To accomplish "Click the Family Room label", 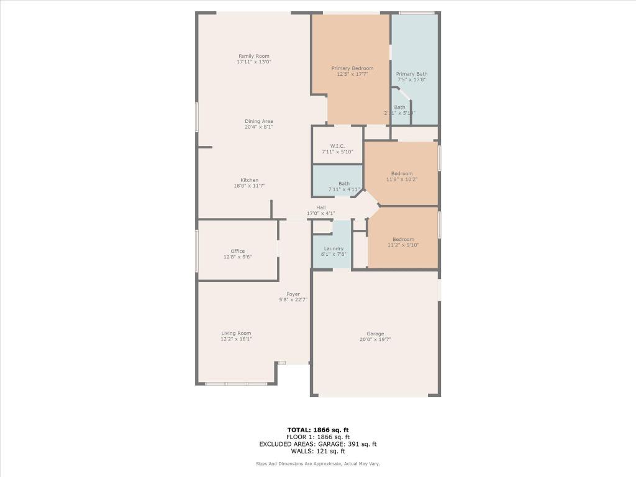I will (x=253, y=56).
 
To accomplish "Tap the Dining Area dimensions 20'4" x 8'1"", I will (x=258, y=127).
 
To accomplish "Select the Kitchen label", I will (x=250, y=180).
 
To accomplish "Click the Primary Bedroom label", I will (x=352, y=68).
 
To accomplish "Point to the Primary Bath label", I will (x=412, y=74).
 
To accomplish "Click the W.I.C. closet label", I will (x=337, y=146).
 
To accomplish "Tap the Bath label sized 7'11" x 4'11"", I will (x=344, y=183).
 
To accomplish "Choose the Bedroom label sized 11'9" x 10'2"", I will (x=401, y=173).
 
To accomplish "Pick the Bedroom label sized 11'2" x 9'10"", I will (x=402, y=239).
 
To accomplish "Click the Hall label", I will (x=320, y=207).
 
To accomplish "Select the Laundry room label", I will (x=334, y=248).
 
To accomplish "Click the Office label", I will (x=237, y=251).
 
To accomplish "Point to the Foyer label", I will (x=293, y=294).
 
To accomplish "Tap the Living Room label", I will (x=236, y=333).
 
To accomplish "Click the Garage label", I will (x=375, y=334).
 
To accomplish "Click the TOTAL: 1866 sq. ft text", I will (x=318, y=430).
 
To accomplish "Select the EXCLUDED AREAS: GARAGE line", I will (x=318, y=444).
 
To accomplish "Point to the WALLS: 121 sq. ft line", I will (x=318, y=451).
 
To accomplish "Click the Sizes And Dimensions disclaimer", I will (x=318, y=464).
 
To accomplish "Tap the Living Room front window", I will (x=236, y=383).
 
